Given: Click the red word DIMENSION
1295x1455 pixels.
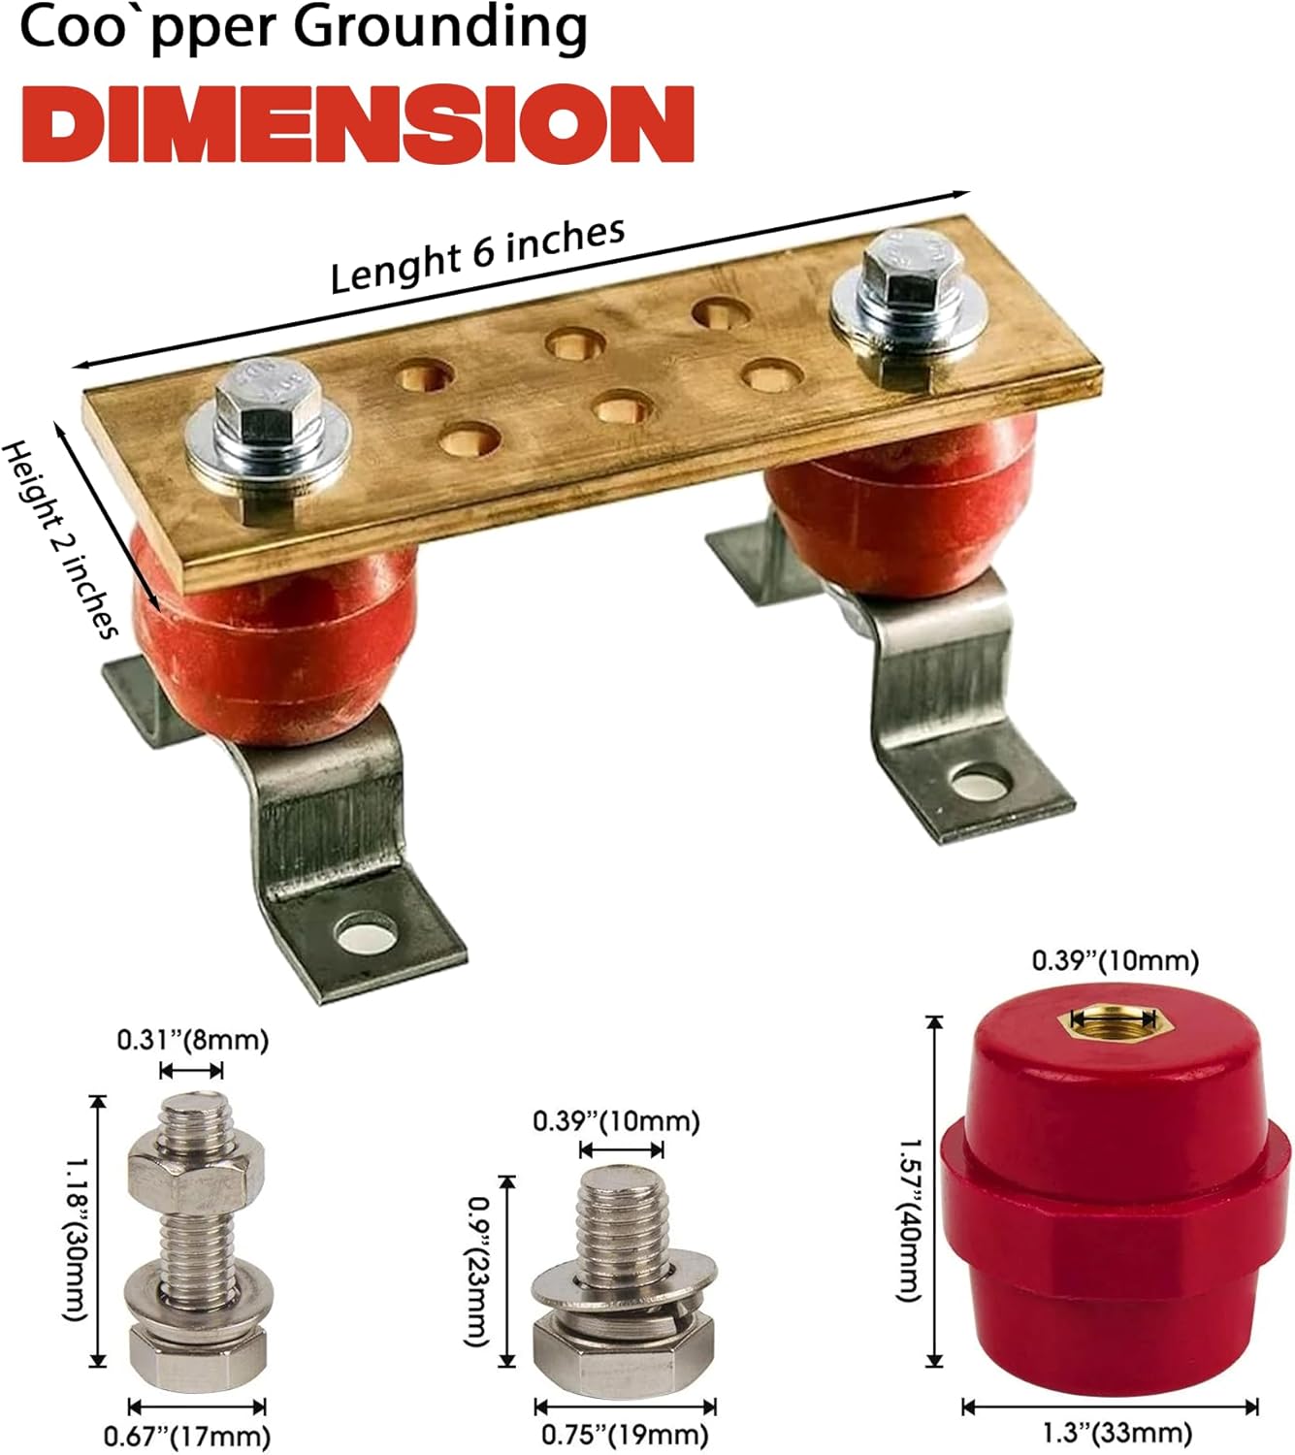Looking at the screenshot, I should tap(357, 123).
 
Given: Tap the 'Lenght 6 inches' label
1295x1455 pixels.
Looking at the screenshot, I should tap(477, 254).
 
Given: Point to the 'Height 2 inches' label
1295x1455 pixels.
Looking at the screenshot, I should tap(60, 539).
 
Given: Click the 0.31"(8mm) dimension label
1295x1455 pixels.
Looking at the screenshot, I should tap(192, 1040).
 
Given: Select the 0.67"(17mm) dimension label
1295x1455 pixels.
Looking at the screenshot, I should tap(187, 1436).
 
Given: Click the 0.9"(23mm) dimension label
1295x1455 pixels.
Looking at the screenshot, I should tap(476, 1271).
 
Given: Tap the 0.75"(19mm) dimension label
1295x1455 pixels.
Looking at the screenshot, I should tap(625, 1435).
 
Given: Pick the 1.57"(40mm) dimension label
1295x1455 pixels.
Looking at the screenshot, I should tap(910, 1220).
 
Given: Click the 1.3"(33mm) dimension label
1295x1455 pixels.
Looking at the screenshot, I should tap(1117, 1433).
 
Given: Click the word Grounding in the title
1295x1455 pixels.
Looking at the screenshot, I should tap(440, 27).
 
